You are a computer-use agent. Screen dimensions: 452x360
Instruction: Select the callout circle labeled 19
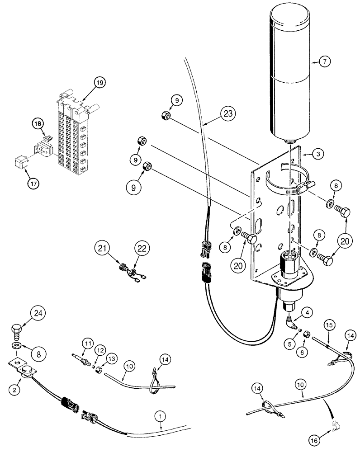[x=99, y=83]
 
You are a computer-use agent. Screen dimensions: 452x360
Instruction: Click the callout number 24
[x=39, y=313]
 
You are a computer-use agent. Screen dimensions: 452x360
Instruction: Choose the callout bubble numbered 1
[x=159, y=414]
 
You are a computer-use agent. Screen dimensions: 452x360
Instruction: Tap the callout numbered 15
[x=329, y=325]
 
